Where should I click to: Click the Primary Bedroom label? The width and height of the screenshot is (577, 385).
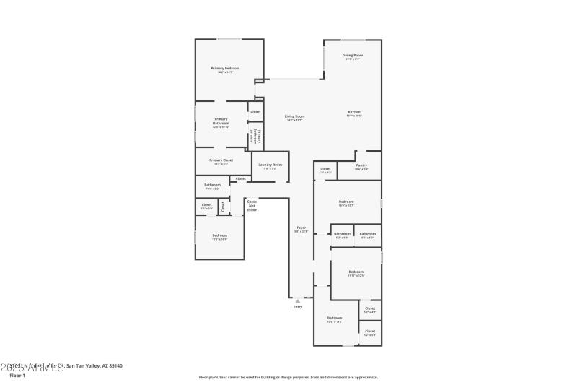(225, 69)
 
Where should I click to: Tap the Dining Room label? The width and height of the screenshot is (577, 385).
(353, 56)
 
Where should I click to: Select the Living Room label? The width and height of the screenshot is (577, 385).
(294, 116)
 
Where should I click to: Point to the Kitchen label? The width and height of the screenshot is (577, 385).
(354, 112)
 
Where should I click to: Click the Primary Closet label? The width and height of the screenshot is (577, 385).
(221, 160)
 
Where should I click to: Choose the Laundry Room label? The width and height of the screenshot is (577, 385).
(270, 165)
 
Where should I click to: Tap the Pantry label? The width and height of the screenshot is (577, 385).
(362, 165)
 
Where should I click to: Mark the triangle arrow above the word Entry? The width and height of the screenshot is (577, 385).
(298, 300)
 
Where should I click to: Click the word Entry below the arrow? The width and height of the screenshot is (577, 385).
(298, 307)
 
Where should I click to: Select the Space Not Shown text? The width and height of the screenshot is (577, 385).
(252, 205)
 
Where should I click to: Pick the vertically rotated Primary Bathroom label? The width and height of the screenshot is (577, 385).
(255, 137)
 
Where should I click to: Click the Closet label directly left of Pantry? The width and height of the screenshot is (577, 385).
(325, 170)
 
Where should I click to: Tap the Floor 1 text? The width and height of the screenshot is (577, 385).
(17, 376)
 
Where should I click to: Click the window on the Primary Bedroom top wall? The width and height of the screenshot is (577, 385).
(230, 39)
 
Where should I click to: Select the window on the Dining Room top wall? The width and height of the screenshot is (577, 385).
(353, 39)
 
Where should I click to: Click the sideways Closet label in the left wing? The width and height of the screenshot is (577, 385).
(223, 207)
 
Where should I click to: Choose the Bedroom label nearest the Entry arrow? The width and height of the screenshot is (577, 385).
(334, 319)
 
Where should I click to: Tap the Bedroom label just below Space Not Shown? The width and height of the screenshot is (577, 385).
(219, 235)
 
